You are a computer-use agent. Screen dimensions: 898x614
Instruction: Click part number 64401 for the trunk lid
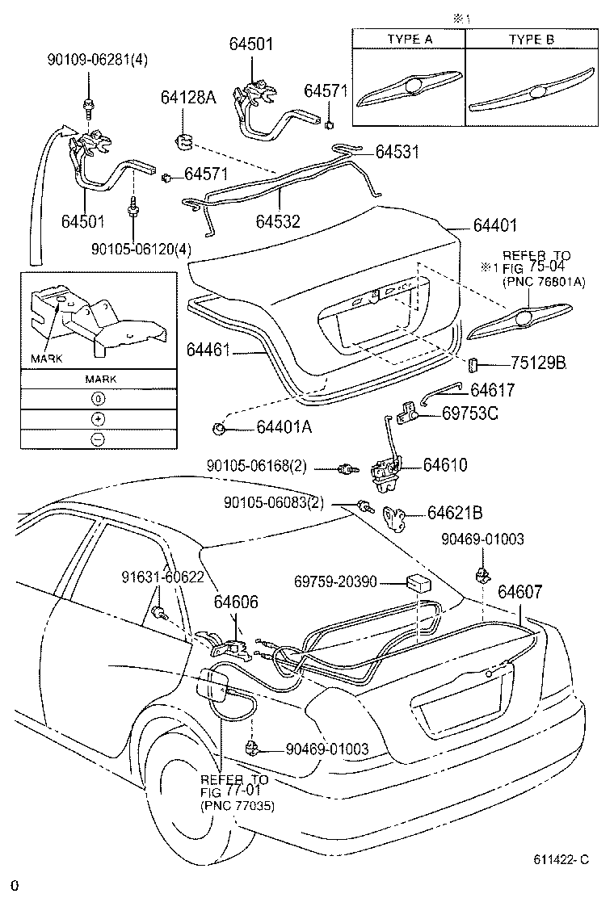click(x=489, y=227)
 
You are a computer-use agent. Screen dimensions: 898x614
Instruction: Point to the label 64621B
click(x=455, y=512)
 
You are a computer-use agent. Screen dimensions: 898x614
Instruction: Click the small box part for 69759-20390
click(x=418, y=583)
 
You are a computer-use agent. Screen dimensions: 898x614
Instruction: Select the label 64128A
click(x=188, y=99)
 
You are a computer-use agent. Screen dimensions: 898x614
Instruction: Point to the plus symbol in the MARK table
click(x=97, y=418)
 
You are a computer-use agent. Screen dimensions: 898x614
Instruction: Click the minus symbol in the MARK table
click(x=97, y=439)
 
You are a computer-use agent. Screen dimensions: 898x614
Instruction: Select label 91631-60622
click(x=162, y=577)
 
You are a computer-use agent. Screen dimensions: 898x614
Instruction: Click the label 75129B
click(x=538, y=363)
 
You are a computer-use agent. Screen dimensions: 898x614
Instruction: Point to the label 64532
click(x=278, y=220)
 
